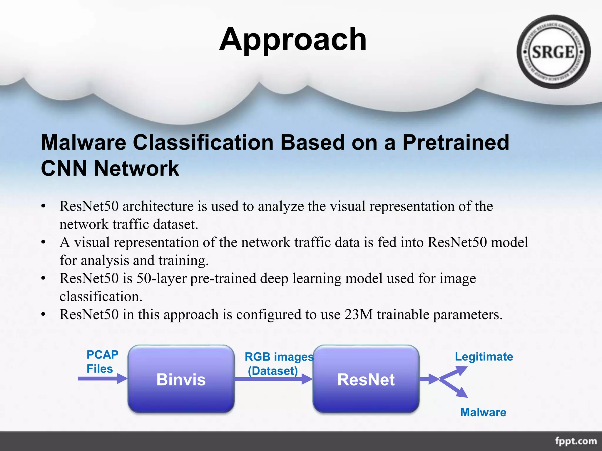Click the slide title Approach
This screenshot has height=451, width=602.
(x=293, y=40)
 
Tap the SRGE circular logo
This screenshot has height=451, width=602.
(x=553, y=52)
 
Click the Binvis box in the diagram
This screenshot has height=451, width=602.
(x=181, y=379)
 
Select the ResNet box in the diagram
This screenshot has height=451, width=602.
(x=366, y=379)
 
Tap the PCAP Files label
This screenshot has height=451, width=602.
(x=102, y=362)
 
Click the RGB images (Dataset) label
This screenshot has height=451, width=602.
(x=278, y=364)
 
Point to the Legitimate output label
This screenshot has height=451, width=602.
(x=484, y=356)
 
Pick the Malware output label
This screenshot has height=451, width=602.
(x=483, y=412)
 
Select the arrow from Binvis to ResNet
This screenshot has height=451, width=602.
(x=273, y=379)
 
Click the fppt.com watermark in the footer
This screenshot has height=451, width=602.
(x=576, y=441)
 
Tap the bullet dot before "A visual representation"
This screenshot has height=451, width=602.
(x=43, y=243)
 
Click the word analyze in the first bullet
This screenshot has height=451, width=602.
(x=281, y=206)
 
